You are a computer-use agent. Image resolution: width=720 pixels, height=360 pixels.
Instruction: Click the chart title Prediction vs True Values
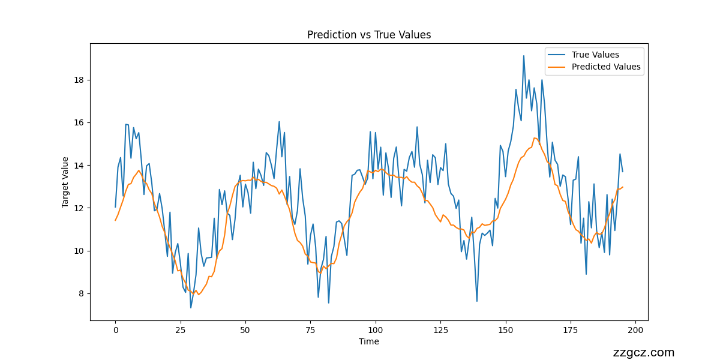369,35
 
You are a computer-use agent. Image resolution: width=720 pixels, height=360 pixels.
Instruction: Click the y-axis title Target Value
65,182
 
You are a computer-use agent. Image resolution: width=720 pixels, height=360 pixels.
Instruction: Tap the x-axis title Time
369,341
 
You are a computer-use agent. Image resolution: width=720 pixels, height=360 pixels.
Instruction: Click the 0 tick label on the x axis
115,330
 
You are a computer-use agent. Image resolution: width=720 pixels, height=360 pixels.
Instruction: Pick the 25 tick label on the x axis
181,330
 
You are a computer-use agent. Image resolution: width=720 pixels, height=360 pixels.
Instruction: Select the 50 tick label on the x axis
245,330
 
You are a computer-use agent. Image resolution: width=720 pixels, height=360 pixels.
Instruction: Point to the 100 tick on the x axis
376,330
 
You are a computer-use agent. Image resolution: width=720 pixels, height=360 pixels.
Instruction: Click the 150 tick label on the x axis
506,330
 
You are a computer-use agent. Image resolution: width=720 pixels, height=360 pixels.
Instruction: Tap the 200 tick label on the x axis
636,330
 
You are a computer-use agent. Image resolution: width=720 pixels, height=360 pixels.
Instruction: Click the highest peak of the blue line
524,56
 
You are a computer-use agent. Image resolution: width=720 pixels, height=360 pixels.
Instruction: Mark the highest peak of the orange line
534,138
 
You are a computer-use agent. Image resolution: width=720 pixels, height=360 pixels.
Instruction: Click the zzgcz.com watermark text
644,353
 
